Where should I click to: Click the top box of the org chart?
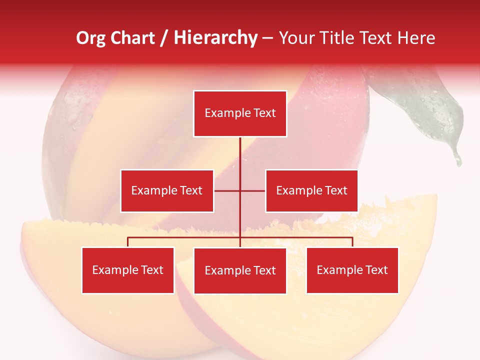pos(240,113)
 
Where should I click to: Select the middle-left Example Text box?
pos(167,190)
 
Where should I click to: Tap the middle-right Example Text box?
pos(311,190)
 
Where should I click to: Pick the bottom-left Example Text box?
pos(128,270)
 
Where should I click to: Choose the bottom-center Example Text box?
pos(240,270)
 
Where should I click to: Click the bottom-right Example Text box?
pos(352,270)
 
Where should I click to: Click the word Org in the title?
pos(90,38)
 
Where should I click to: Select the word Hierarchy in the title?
pos(215,38)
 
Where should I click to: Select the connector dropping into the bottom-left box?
pos(128,242)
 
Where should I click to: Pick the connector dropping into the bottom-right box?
pos(352,242)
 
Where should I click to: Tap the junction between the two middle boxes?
pos(240,190)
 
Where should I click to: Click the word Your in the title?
pos(296,38)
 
